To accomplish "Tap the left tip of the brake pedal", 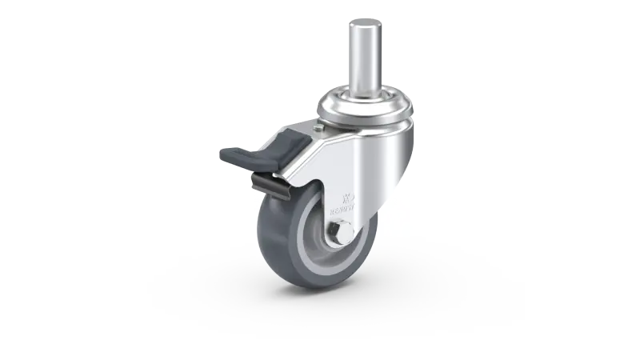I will pyautogui.click(x=223, y=157).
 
